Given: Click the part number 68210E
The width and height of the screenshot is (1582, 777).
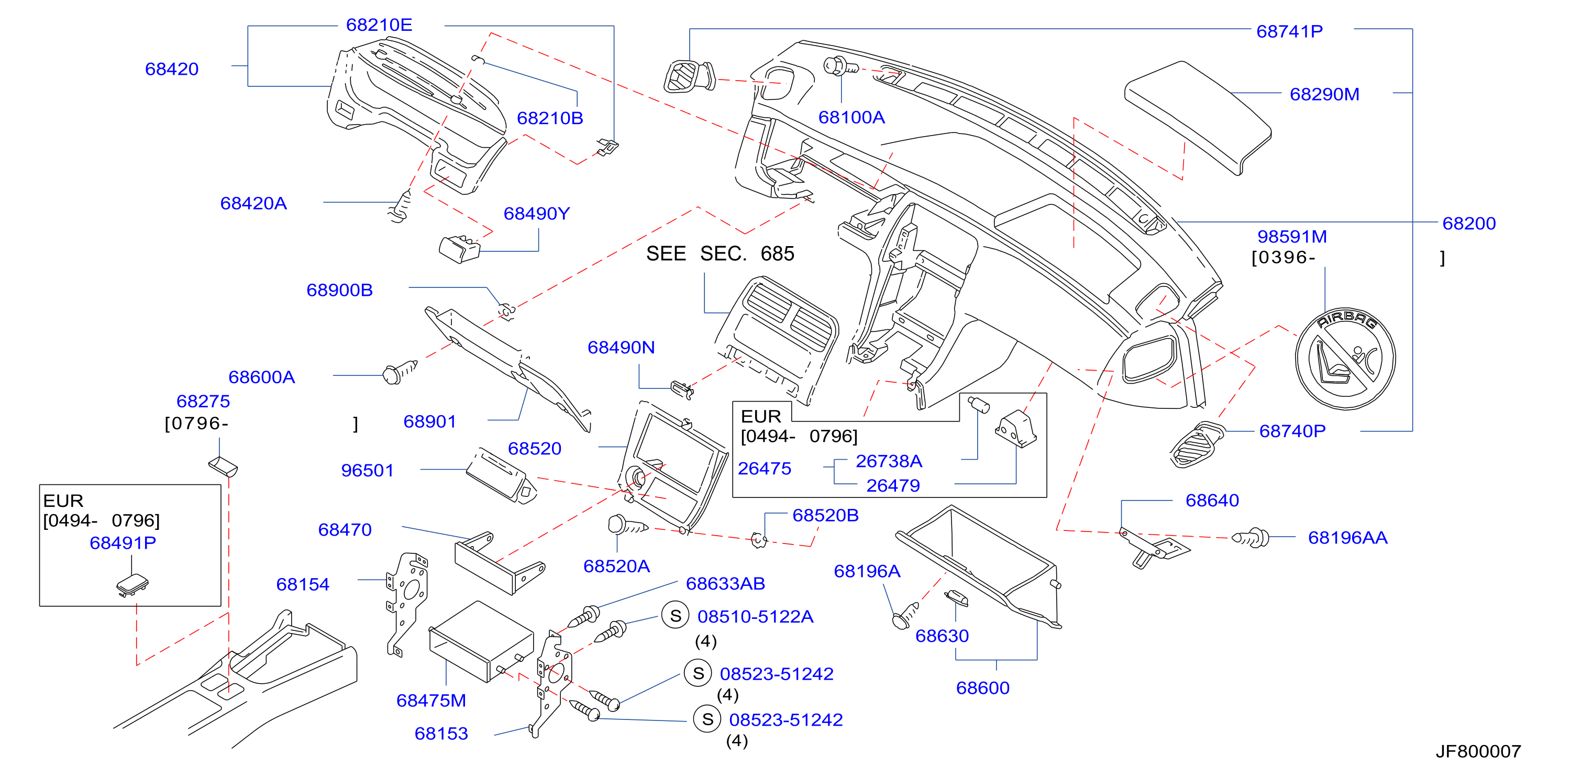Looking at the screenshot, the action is [x=379, y=25].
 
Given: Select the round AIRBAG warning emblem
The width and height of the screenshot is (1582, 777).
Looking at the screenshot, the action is [x=1345, y=359].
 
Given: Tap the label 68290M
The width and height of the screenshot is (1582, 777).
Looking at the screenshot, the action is [x=1324, y=95].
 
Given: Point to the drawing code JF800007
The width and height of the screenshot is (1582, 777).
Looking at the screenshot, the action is [x=1478, y=751].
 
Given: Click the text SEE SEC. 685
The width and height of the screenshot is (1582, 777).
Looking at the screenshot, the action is [x=720, y=253].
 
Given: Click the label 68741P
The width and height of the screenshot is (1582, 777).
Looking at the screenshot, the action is [x=1290, y=31].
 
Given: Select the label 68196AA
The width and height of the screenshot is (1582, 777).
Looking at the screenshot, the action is [x=1347, y=538].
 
